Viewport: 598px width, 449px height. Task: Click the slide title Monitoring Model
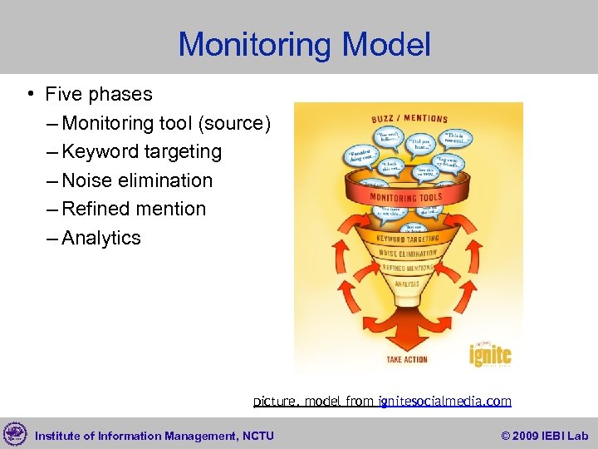coord(304,44)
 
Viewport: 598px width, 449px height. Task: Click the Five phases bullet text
coord(99,95)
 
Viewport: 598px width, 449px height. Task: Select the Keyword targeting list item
coord(142,152)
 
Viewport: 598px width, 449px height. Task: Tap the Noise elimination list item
coord(137,180)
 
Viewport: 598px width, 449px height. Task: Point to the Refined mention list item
coord(134,209)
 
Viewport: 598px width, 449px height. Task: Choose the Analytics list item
coord(101,238)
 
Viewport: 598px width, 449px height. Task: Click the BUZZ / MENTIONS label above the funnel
coord(409,119)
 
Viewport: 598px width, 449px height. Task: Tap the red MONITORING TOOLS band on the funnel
coord(407,198)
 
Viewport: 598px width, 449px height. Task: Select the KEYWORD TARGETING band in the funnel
coord(407,238)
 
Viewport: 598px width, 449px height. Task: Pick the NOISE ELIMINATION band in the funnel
coord(407,253)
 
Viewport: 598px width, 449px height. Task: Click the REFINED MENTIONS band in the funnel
coord(407,268)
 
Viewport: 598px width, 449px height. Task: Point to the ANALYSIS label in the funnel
coord(407,284)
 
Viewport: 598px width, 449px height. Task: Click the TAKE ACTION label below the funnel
coord(407,359)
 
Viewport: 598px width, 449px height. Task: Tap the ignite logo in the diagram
coord(489,353)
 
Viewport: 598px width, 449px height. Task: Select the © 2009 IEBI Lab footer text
coord(545,436)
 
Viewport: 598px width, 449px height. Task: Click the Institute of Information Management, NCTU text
coord(154,436)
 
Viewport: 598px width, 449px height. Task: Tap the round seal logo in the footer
coord(15,434)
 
